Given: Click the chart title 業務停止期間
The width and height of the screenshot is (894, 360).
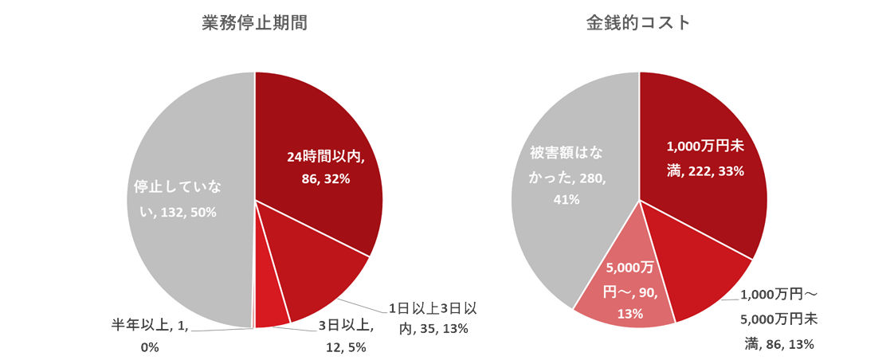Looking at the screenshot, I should pos(254,23).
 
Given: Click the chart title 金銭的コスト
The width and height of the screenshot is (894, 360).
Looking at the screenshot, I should pos(638,23).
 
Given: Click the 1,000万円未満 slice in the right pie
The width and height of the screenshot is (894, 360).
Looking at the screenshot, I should pos(717,199).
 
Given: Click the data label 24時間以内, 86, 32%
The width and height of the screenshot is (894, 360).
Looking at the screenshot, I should pos(326,168).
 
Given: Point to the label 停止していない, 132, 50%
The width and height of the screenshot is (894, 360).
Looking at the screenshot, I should pos(176,200).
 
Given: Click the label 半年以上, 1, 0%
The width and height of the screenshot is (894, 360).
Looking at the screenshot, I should pos(150,336).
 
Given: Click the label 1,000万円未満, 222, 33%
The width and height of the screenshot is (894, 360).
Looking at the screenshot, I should pos(704,158).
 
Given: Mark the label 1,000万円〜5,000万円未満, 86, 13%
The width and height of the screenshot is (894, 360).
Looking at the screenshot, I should pos(778,319).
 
